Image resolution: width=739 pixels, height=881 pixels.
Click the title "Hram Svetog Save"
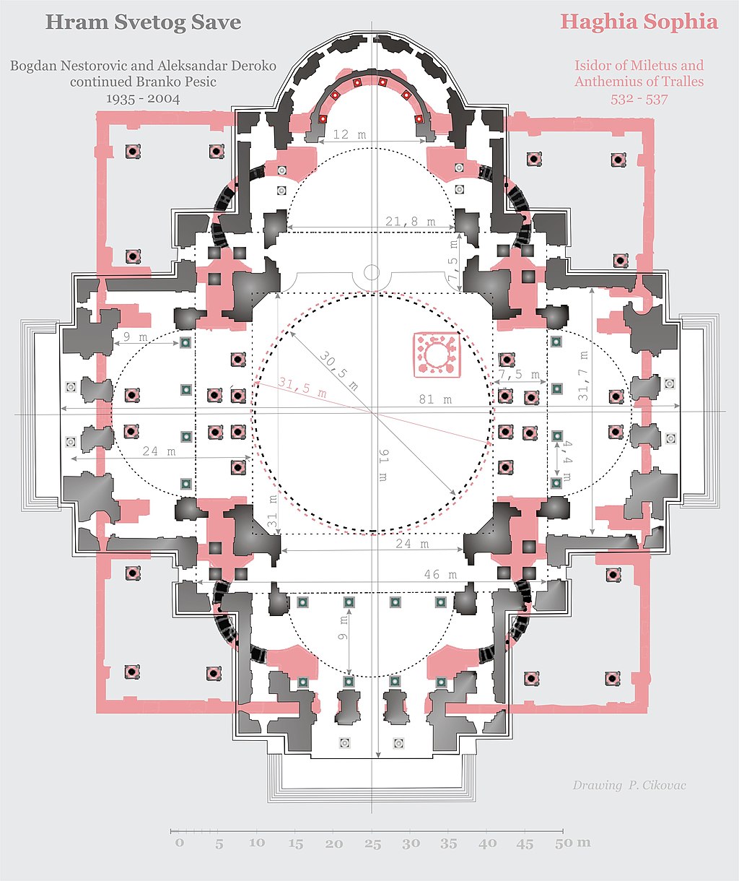click(x=143, y=22)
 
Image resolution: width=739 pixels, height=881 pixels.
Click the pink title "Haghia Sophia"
click(x=639, y=22)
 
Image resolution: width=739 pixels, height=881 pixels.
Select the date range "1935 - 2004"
click(x=143, y=99)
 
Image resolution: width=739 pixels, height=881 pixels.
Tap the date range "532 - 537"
click(x=639, y=100)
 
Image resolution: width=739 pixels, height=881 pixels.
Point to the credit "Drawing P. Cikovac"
click(x=629, y=785)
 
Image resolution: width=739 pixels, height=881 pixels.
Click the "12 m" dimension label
click(x=350, y=134)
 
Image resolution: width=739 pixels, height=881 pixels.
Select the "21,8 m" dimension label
click(x=410, y=221)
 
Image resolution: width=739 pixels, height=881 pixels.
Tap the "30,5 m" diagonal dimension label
click(x=338, y=370)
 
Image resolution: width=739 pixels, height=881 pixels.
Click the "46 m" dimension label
click(x=440, y=574)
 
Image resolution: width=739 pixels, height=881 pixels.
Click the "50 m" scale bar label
click(x=572, y=843)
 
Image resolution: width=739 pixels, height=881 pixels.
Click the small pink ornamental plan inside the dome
click(x=437, y=355)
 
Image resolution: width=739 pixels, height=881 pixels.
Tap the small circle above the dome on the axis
click(x=372, y=272)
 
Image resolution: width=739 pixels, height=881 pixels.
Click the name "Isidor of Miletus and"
click(x=639, y=66)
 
